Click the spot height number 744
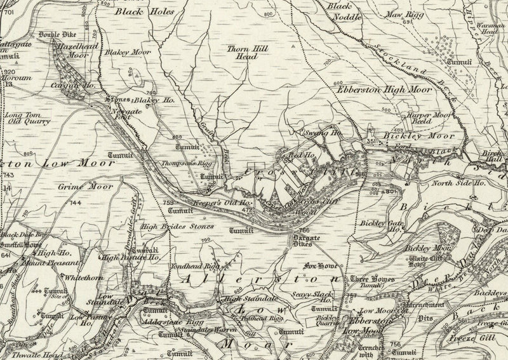[x=76, y=203]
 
